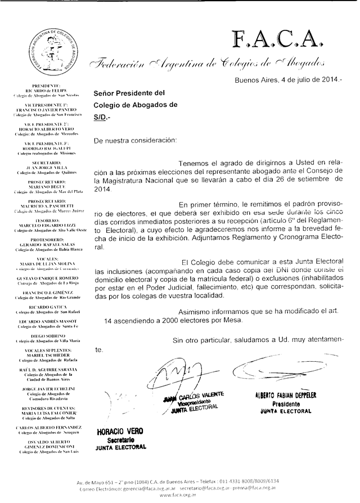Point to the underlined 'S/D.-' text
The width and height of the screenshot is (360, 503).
pyautogui.click(x=103, y=118)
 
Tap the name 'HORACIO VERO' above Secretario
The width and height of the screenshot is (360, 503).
pyautogui.click(x=120, y=431)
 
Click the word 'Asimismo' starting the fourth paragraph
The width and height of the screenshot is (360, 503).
pyautogui.click(x=196, y=311)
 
